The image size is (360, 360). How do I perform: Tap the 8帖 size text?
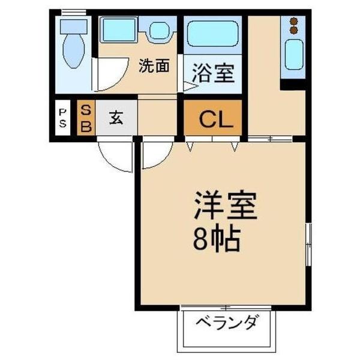(x=217, y=239)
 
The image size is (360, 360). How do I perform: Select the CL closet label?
(x=215, y=121)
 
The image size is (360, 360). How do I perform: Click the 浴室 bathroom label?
(x=213, y=76)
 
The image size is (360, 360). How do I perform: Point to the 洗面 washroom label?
(x=154, y=67)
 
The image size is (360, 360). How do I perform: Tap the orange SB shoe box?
(x=86, y=118)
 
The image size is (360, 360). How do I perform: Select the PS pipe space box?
(x=62, y=118)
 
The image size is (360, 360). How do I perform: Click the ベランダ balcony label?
(x=226, y=324)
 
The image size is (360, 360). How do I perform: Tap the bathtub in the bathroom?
(x=212, y=34)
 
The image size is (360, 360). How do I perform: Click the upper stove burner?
(x=294, y=21)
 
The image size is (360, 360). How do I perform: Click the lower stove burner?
(x=294, y=29)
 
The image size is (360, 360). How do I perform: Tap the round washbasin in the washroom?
(x=159, y=31)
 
